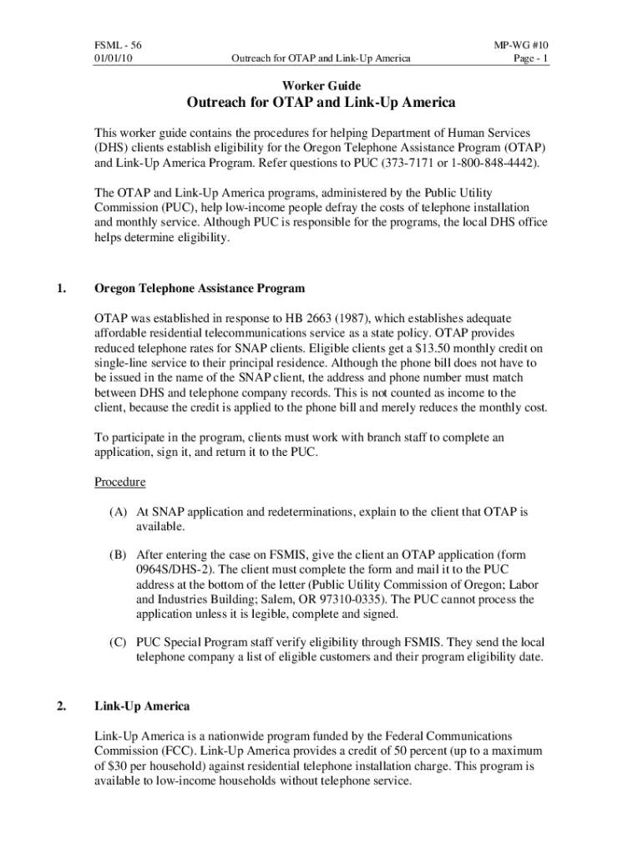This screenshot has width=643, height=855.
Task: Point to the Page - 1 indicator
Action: pos(530,58)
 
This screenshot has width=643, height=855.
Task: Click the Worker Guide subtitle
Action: pos(321,85)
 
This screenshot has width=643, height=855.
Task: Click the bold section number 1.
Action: pos(61,288)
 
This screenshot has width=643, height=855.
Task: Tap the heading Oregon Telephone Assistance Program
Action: pos(200,288)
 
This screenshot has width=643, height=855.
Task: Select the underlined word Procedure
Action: pos(119,482)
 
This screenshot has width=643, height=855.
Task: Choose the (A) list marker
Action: pos(118,510)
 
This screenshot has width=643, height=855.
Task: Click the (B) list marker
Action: pos(118,554)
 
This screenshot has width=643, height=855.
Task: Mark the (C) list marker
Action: pos(118,642)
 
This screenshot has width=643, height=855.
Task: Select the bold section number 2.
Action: pos(61,706)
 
